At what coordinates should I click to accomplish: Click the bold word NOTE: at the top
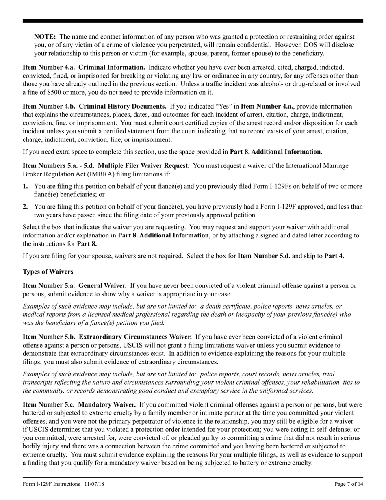45,37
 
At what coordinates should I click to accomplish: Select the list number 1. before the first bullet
25,186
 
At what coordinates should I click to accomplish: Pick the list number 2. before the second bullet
25,207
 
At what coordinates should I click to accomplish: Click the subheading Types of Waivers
48,272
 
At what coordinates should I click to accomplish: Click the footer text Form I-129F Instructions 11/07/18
63,484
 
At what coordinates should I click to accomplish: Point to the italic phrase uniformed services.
288,391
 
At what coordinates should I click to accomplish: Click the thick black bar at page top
193,20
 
